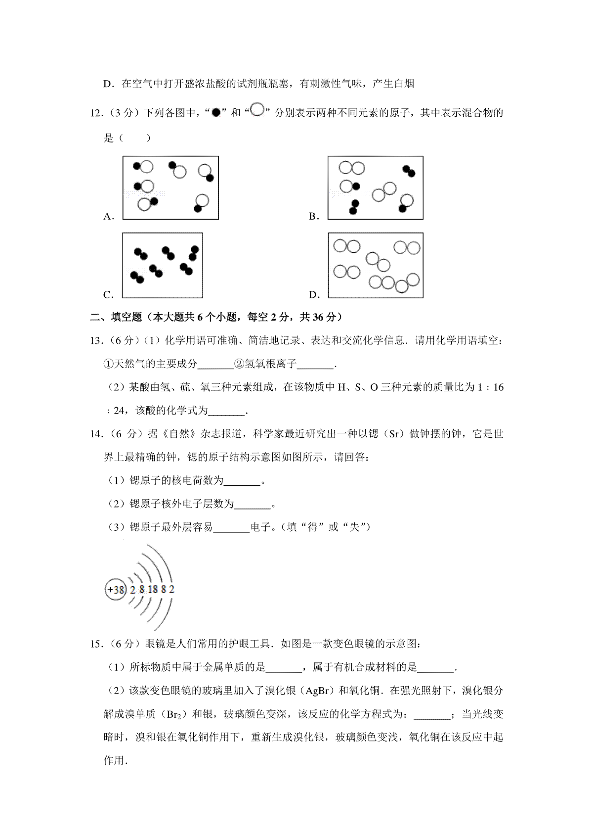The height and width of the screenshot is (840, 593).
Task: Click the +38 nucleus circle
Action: click(116, 590)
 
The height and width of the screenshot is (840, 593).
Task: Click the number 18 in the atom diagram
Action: click(153, 590)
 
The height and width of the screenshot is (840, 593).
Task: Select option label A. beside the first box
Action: click(109, 216)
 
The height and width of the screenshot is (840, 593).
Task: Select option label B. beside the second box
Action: click(314, 216)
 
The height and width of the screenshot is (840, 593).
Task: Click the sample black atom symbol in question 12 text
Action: click(215, 113)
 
